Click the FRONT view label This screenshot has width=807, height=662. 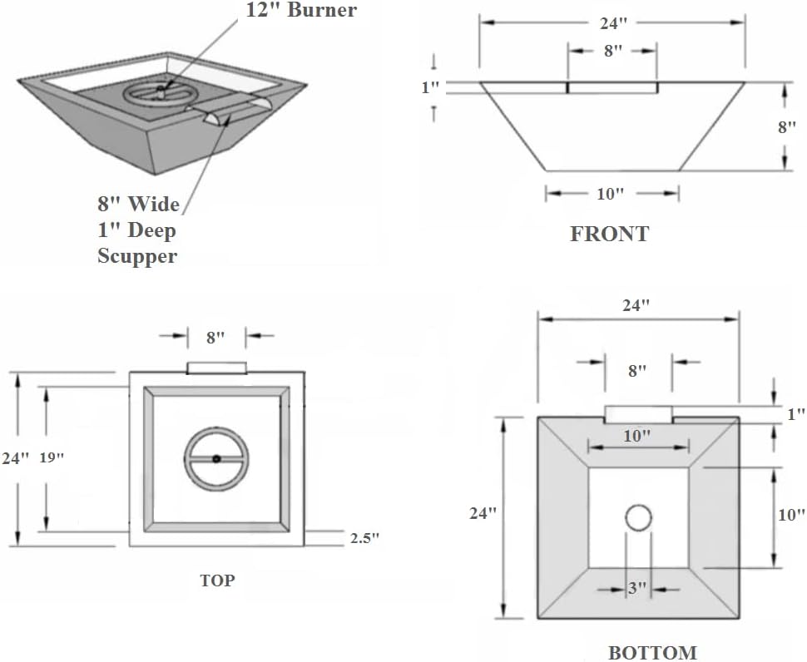609,234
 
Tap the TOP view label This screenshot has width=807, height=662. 216,580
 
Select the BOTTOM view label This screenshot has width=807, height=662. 651,653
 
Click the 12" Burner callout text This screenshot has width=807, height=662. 301,11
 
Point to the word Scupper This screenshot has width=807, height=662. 137,256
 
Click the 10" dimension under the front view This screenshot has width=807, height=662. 610,194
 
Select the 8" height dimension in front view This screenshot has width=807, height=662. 787,127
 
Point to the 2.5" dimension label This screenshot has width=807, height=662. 364,538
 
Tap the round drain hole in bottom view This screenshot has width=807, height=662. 638,518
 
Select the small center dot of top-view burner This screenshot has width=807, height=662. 216,458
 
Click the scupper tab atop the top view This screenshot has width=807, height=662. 216,368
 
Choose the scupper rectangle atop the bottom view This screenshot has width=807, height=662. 638,413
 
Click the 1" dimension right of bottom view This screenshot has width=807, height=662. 795,413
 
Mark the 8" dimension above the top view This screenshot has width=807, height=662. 215,337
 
